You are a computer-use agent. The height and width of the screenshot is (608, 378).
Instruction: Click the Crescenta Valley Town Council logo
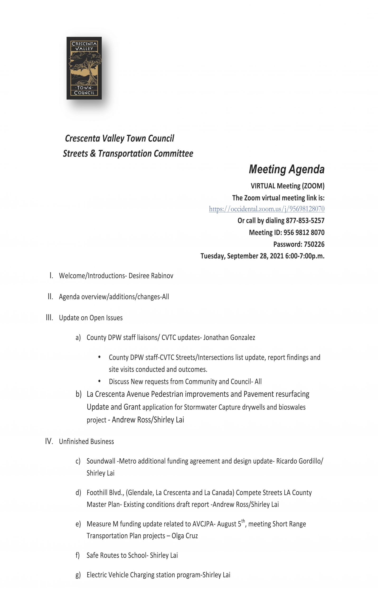point(84,68)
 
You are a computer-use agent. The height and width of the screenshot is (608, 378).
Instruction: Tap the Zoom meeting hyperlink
point(266,209)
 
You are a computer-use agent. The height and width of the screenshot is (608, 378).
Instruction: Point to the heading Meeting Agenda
point(287,169)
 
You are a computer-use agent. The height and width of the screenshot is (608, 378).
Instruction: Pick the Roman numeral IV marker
point(49,441)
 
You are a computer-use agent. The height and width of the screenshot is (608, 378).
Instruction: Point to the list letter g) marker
point(78,575)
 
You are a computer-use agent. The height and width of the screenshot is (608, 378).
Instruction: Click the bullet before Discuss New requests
point(99,381)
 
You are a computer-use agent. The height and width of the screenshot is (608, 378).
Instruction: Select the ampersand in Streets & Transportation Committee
point(93,153)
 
